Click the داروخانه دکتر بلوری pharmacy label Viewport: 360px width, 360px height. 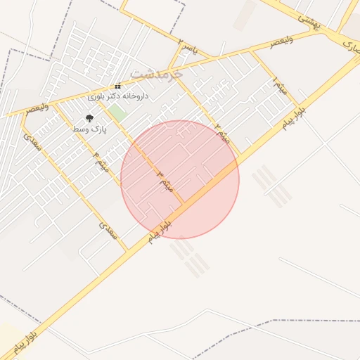[x=117, y=95]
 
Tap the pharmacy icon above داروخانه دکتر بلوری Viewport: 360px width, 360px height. [x=117, y=86]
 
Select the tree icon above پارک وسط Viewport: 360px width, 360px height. [x=89, y=118]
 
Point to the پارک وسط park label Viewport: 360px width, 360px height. [x=88, y=129]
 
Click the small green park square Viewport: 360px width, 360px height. [x=117, y=112]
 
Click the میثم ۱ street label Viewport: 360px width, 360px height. [x=279, y=87]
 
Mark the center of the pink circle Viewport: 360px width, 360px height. [x=180, y=179]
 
